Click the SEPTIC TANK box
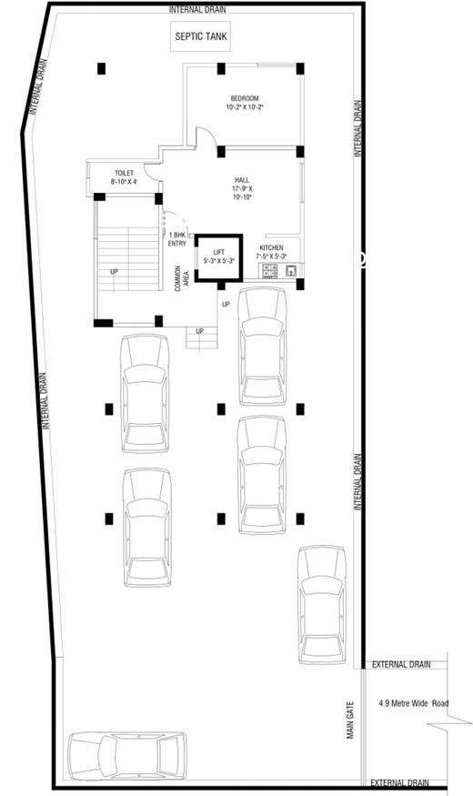(x=200, y=36)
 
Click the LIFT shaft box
(x=218, y=257)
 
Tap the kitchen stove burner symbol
(x=269, y=271)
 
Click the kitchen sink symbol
(x=291, y=270)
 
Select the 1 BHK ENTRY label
(x=177, y=239)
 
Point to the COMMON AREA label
(x=182, y=278)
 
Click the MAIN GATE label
(x=350, y=720)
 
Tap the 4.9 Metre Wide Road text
(x=414, y=703)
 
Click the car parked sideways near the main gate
(x=127, y=755)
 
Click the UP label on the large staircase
(x=115, y=272)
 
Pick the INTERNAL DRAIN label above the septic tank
(x=197, y=9)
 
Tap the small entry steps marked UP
(x=202, y=338)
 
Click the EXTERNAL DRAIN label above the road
(x=401, y=664)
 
